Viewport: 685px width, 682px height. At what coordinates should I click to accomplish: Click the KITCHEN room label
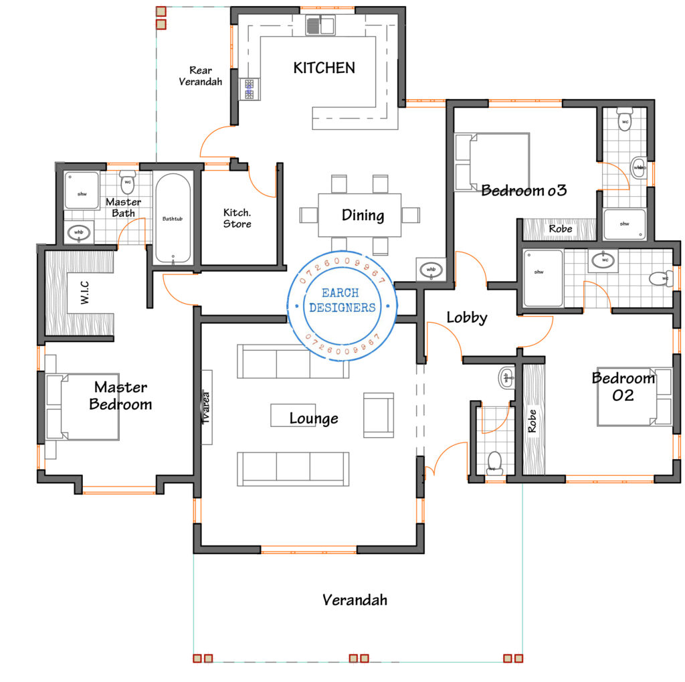pyautogui.click(x=324, y=68)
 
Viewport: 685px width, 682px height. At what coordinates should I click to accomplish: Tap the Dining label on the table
pyautogui.click(x=363, y=215)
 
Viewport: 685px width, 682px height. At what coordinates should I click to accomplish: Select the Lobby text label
pyautogui.click(x=466, y=317)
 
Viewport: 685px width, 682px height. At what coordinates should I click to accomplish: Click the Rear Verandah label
pyautogui.click(x=200, y=76)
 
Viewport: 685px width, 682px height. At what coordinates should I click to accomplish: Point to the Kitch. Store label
pyautogui.click(x=237, y=218)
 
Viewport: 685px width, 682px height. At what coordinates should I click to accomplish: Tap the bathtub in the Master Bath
pyautogui.click(x=172, y=218)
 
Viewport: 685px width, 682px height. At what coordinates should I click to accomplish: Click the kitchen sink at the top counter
pyautogui.click(x=320, y=26)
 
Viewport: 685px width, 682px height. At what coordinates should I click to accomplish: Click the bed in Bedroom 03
pyautogui.click(x=492, y=163)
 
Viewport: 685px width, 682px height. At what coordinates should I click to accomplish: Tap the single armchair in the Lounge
pyautogui.click(x=378, y=415)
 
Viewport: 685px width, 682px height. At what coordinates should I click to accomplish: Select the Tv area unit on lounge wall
pyautogui.click(x=207, y=407)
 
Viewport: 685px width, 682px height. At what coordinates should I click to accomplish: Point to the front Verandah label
pyautogui.click(x=355, y=599)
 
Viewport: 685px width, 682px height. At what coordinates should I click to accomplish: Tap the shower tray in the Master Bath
pyautogui.click(x=82, y=191)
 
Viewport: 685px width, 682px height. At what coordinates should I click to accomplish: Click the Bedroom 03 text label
pyautogui.click(x=524, y=190)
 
